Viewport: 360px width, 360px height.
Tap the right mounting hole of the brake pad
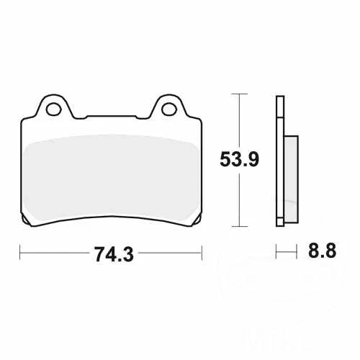coord(169,109)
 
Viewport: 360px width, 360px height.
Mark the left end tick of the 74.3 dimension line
coord(20,253)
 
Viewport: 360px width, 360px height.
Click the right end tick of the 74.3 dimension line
coord(201,253)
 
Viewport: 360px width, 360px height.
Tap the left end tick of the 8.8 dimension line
coord(276,253)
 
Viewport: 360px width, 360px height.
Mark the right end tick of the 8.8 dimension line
coord(297,253)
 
